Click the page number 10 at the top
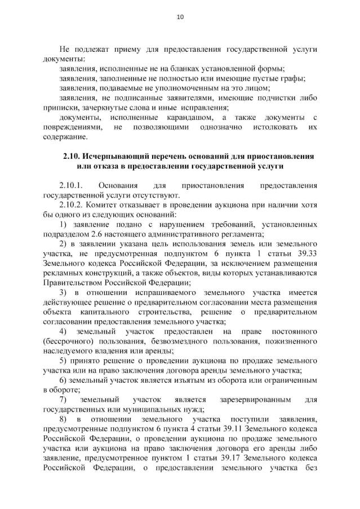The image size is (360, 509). pos(180,17)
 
